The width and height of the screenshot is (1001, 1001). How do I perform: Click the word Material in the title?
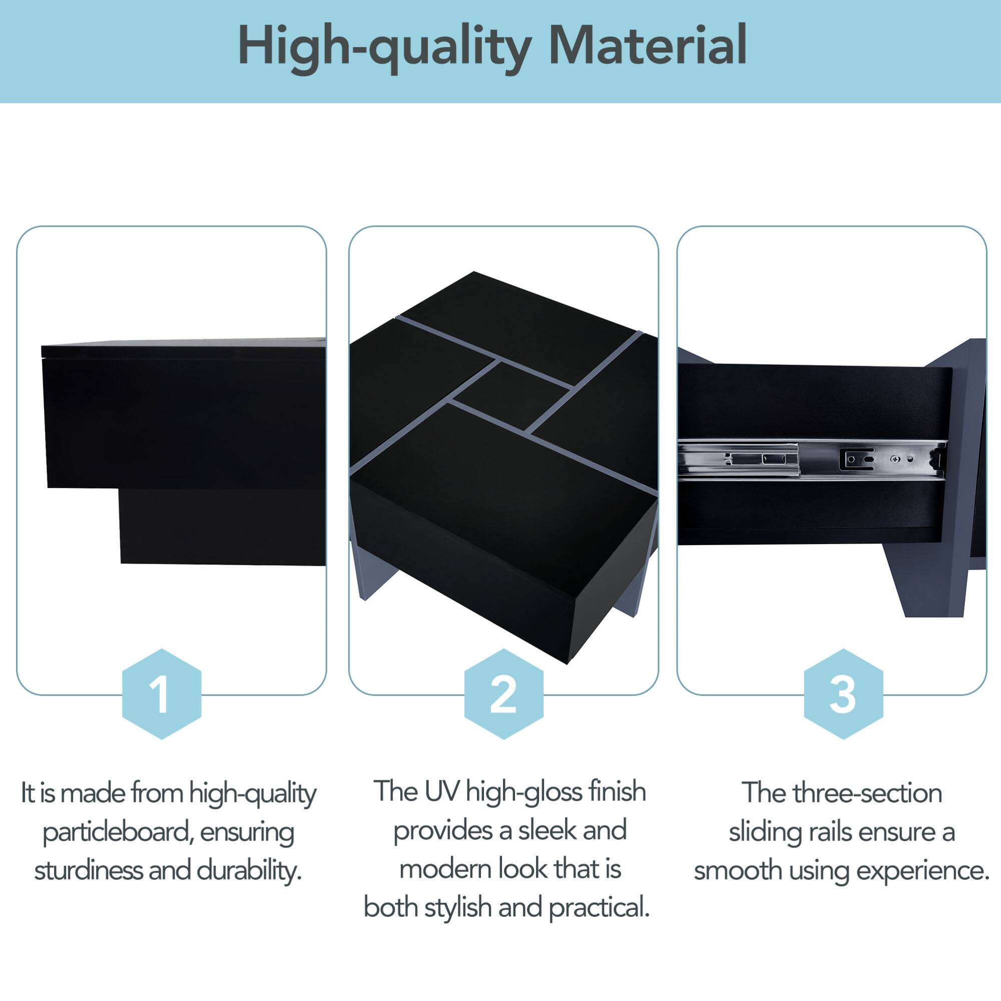(x=647, y=46)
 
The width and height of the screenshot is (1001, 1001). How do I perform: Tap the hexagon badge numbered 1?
(x=161, y=694)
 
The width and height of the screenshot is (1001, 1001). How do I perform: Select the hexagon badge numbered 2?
(x=503, y=694)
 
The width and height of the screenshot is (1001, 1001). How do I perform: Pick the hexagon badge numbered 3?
(x=843, y=694)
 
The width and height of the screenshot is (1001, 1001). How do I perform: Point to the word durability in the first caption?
(x=249, y=870)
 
